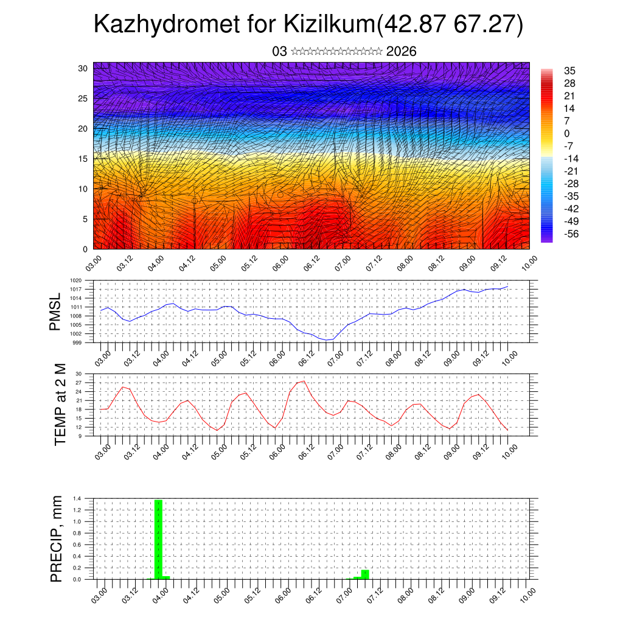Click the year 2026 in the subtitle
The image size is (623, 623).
(401, 52)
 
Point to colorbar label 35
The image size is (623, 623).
(570, 71)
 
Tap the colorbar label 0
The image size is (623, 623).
(568, 133)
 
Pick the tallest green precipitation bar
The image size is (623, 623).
(158, 539)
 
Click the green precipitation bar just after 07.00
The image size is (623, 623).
(365, 574)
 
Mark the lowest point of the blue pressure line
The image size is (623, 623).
(327, 340)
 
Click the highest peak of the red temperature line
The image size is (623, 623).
(304, 381)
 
